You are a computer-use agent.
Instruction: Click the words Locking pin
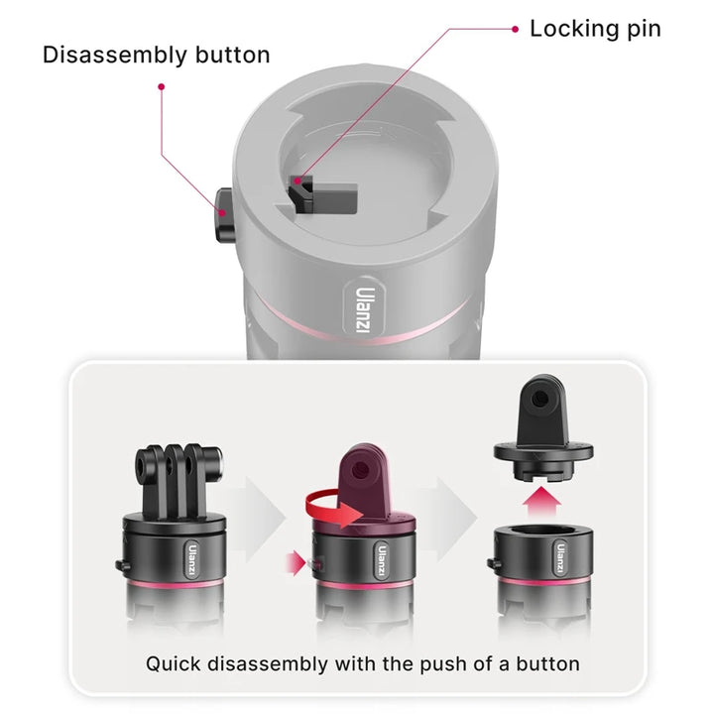(x=595, y=29)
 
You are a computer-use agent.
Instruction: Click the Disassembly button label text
(x=157, y=56)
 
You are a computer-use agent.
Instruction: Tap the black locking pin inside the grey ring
(x=322, y=195)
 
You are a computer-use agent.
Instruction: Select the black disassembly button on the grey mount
(x=224, y=215)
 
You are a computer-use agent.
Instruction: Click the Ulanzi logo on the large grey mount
(x=363, y=309)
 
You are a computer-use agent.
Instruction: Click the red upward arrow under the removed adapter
(x=541, y=502)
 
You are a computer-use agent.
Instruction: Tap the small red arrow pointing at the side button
(x=296, y=563)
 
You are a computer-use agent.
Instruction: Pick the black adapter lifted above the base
(x=543, y=428)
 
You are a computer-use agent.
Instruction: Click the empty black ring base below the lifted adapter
(x=542, y=553)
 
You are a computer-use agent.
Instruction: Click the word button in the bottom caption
(x=547, y=663)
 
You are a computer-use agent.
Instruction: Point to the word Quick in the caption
(x=173, y=664)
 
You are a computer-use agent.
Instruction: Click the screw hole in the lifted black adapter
(x=540, y=399)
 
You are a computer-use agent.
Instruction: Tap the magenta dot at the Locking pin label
(x=515, y=29)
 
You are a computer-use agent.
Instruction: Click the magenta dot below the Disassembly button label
(x=162, y=86)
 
